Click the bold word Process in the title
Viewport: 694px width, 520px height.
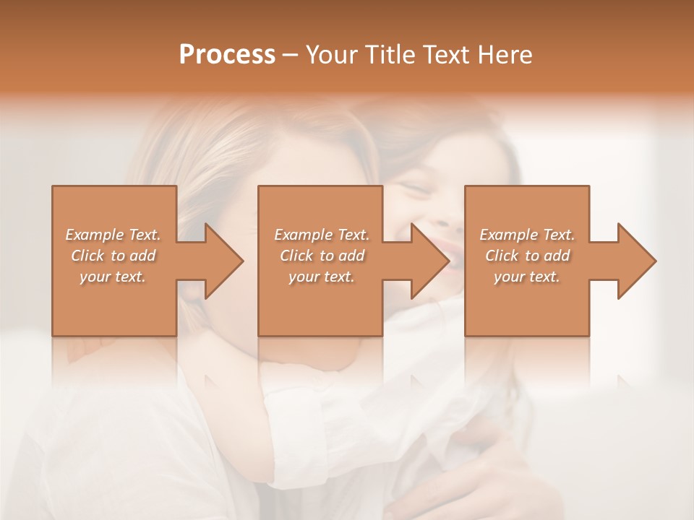[227, 55]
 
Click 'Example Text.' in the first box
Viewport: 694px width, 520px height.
[113, 235]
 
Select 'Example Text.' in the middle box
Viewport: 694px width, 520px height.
[322, 235]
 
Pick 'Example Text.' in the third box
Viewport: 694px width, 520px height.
[527, 235]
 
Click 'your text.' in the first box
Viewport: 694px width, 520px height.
[113, 277]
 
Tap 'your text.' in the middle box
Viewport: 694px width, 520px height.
[322, 277]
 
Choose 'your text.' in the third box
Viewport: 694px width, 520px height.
[527, 277]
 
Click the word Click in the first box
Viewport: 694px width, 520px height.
[88, 256]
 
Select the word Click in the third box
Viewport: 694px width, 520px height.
[502, 256]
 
